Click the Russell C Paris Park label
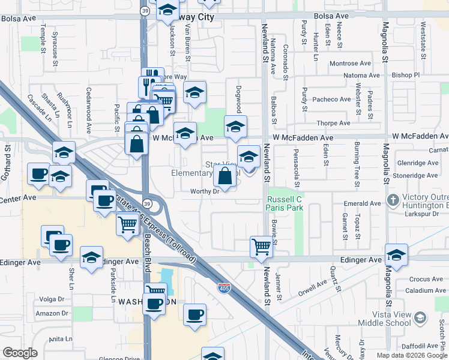pos(284,203)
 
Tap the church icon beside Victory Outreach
pos(393,200)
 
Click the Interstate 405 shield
pos(223,289)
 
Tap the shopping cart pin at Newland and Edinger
pos(261,246)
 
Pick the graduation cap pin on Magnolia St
pos(396,256)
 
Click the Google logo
pos(20,353)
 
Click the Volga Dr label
pos(51,299)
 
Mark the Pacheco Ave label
pos(331,99)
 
